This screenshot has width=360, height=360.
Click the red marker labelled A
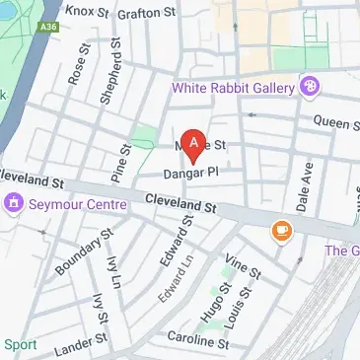194,146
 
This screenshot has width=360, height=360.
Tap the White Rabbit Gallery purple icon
312,87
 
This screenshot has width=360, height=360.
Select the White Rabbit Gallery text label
234,87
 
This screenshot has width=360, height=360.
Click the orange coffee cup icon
282,231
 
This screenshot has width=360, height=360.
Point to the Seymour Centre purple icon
14,204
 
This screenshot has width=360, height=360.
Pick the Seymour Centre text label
78,204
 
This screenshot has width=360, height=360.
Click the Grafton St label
146,14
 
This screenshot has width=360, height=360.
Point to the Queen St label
336,122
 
